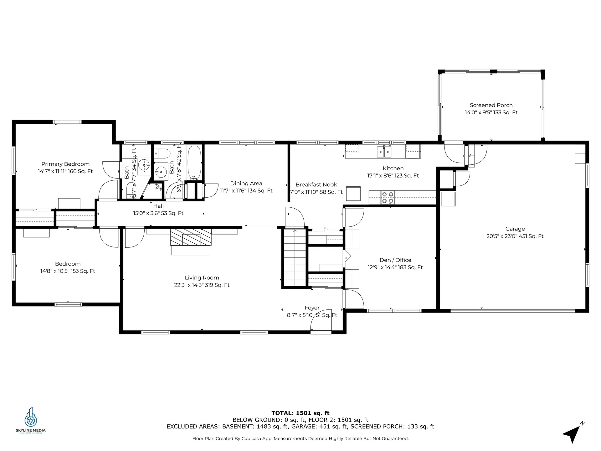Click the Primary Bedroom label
(x=65, y=164)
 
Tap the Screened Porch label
(x=491, y=105)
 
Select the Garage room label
(x=515, y=229)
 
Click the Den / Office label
(x=395, y=260)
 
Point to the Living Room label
(x=202, y=278)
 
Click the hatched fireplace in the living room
(x=191, y=237)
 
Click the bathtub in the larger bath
(x=194, y=162)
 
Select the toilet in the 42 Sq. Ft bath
(x=163, y=153)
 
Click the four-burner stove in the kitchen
(x=388, y=198)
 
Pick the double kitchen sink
(x=384, y=152)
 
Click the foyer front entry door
(x=321, y=323)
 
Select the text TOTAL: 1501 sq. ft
(x=300, y=413)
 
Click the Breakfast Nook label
(x=316, y=185)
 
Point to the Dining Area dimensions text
(x=246, y=191)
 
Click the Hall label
(x=158, y=206)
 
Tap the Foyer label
(x=312, y=308)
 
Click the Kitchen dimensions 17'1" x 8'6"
(x=393, y=176)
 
